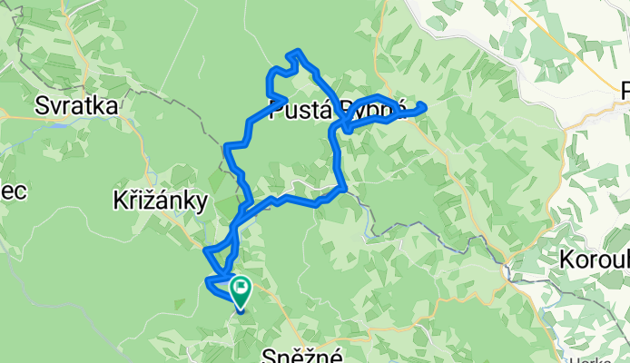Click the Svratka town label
tap(76, 106)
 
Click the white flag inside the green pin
tap(241, 289)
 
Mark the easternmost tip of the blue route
tap(425, 107)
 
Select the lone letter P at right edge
tap(624, 91)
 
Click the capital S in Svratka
tap(42, 106)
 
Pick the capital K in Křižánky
tap(120, 200)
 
